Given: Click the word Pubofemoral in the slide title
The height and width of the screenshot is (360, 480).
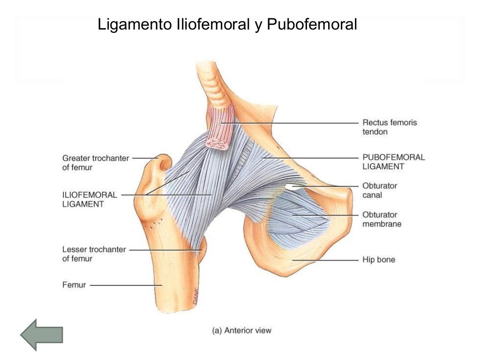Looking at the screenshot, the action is [312, 24].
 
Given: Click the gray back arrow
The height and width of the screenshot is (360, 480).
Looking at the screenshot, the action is [42, 335].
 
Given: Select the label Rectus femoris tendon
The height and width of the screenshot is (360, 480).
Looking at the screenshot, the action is [390, 127].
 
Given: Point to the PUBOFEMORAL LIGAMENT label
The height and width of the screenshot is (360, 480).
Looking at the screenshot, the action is [394, 162].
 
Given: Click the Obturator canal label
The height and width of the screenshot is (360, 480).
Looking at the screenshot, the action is [380, 190].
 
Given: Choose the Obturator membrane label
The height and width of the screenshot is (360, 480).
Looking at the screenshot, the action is [382, 219].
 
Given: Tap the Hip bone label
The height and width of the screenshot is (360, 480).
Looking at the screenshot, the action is [379, 260].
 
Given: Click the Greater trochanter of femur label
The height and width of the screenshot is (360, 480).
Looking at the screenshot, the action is [96, 163].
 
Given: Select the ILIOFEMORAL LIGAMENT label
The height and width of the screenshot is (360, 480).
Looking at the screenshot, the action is [90, 199].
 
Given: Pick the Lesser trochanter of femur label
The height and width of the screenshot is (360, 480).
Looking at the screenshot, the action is [94, 254].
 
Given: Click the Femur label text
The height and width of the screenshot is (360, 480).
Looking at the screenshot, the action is [74, 285].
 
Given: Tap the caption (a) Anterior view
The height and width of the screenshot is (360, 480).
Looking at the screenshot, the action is [241, 330].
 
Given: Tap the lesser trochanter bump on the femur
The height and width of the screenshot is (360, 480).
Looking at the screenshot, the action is [202, 249].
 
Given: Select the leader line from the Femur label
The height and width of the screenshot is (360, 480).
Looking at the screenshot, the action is [126, 285].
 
